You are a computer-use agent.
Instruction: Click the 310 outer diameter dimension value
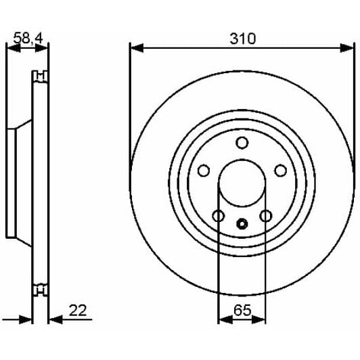click(242, 39)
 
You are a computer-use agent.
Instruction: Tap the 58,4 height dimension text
click(27, 39)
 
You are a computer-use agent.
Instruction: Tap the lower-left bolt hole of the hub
click(218, 216)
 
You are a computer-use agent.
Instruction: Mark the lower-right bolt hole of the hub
click(265, 216)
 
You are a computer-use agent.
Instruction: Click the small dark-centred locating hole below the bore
click(242, 223)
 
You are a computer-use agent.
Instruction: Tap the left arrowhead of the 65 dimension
click(221, 318)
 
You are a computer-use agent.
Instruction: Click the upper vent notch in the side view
click(41, 75)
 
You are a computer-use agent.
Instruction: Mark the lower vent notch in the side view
click(41, 292)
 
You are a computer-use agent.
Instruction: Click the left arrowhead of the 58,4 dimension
click(10, 48)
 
